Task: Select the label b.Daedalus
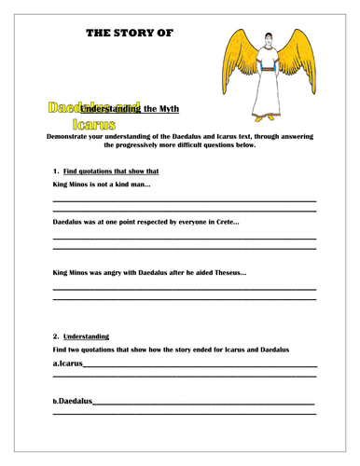tap(73, 400)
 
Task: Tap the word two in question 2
tap(79, 349)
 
